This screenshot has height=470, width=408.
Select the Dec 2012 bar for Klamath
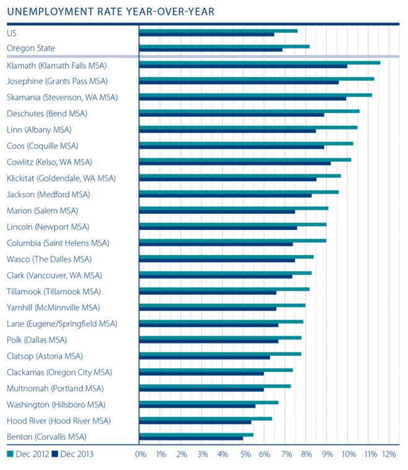[259, 62]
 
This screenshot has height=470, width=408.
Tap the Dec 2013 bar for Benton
[191, 438]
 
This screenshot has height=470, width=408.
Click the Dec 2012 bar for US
[218, 30]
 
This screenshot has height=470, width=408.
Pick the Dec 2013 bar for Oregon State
[211, 49]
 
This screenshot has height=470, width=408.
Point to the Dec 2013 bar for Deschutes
[232, 114]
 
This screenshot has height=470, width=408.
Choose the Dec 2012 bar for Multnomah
[215, 386]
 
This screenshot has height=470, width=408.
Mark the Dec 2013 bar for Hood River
[195, 422]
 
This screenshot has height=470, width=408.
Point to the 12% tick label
[389, 455]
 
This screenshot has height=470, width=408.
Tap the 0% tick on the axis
[141, 455]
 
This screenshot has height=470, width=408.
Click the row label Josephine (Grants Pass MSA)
[57, 81]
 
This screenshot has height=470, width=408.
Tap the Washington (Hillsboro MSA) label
[56, 404]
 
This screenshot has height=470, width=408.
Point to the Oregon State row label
[30, 48]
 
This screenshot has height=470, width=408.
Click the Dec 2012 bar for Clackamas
[216, 370]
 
